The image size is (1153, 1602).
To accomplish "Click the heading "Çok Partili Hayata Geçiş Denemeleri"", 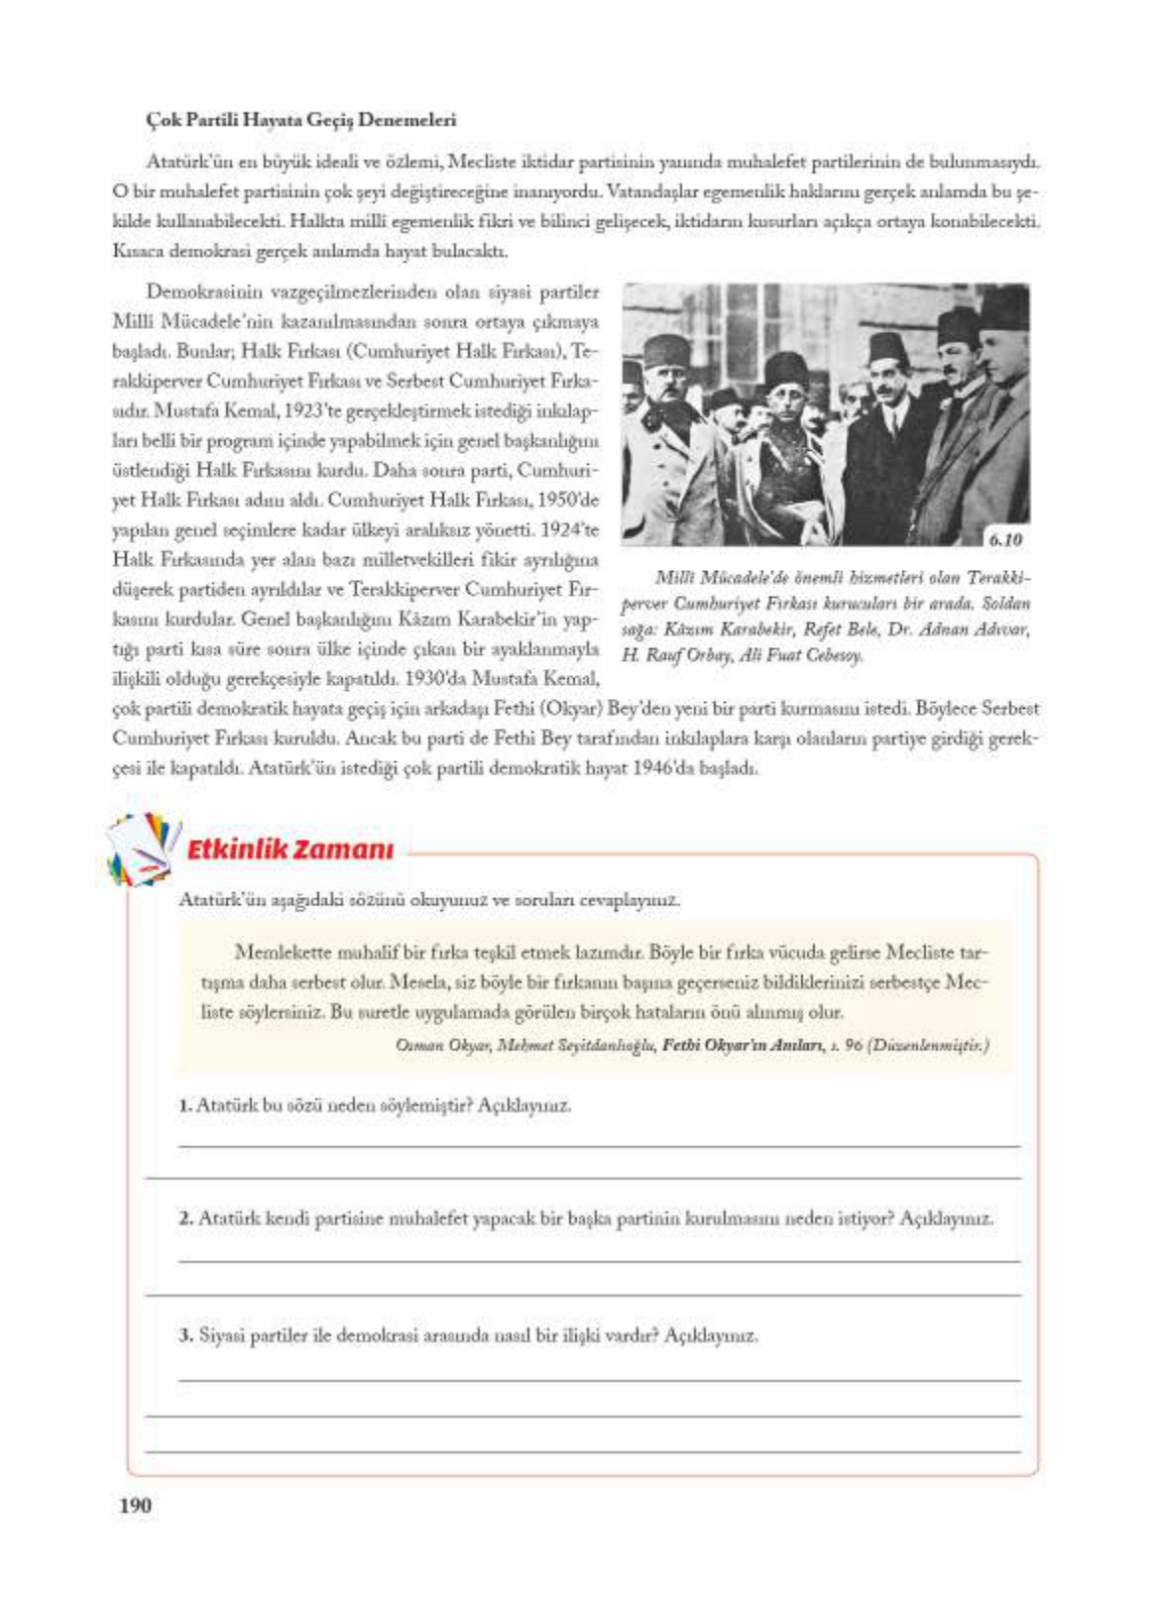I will [x=300, y=120].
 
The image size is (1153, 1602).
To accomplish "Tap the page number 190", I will [x=135, y=1505].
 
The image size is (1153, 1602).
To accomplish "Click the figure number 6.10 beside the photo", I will [x=1004, y=539].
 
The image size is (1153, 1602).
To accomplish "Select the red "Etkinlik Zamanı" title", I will [x=290, y=850].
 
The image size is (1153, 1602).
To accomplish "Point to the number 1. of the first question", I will [x=185, y=1104].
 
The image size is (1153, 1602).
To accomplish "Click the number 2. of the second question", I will [x=185, y=1218].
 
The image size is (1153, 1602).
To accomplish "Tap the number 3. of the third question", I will [x=185, y=1334].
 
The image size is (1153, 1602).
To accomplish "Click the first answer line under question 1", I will [x=599, y=1147].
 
